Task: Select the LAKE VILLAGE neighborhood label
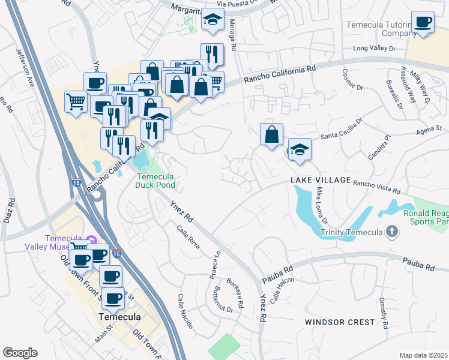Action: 320,180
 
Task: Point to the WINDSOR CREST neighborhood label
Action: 339,322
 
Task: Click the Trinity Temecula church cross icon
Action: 391,232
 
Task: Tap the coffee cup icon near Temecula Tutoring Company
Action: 423,22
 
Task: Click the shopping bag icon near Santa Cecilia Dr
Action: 271,134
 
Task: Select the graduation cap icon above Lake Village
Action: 299,150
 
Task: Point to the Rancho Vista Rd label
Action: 376,187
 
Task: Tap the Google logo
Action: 20,353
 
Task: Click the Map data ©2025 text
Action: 423,355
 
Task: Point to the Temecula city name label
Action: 120,317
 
